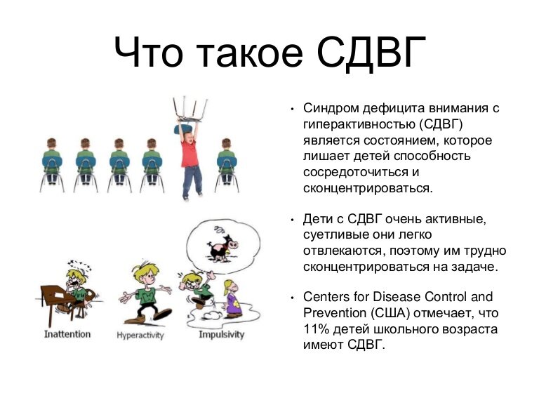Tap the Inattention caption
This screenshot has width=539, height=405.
[x=67, y=333]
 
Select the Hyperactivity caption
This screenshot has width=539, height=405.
[x=140, y=336]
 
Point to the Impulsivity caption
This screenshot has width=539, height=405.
[x=222, y=334]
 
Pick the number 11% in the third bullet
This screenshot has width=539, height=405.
[x=317, y=330]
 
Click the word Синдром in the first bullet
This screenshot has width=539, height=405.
[x=331, y=108]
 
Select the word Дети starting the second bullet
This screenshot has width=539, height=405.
[x=319, y=220]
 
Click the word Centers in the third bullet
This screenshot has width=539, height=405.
[x=327, y=297]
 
